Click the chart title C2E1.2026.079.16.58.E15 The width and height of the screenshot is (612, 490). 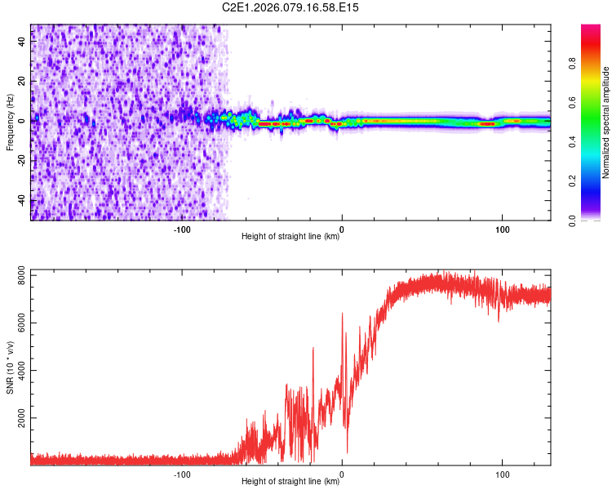tap(290, 7)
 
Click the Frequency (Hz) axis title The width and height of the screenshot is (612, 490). tap(10, 122)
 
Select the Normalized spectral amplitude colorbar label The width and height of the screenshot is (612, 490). tap(605, 122)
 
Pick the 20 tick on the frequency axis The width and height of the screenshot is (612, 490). tap(21, 81)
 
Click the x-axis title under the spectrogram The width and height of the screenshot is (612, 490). tap(290, 238)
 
